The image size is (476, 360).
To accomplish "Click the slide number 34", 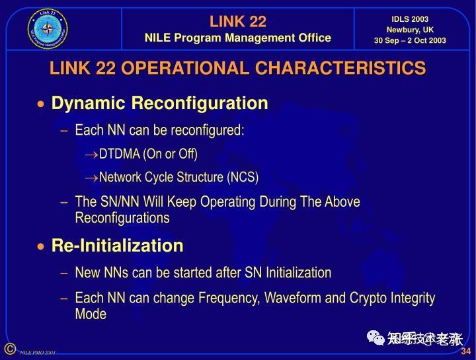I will coord(465,350).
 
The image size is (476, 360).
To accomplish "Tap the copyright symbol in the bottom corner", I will coord(9,348).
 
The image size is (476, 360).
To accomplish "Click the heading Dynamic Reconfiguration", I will coord(159,103).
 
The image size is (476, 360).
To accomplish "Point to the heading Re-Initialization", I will coord(117,246).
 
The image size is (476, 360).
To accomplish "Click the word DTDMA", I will coord(120,154).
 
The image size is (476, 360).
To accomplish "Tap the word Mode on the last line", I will coord(91,314).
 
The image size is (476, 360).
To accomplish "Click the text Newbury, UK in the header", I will coord(410,30).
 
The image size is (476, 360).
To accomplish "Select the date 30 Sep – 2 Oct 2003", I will coord(410,40).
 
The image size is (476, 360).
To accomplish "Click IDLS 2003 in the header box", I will coord(410,19).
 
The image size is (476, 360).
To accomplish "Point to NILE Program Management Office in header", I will coord(238,38).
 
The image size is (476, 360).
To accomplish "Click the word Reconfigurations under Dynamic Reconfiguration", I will coord(122,218).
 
